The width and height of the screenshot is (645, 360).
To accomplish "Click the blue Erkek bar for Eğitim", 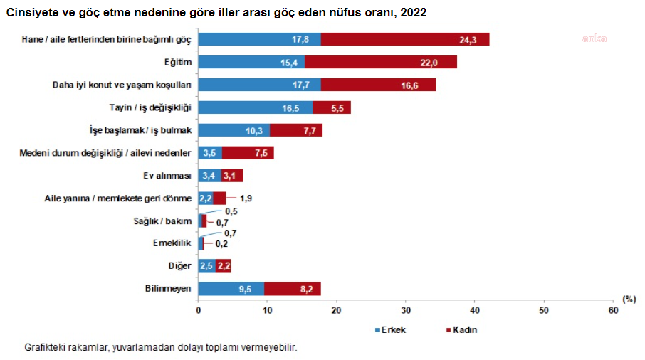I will (x=251, y=63).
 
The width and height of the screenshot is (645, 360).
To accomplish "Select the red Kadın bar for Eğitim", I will (x=380, y=63).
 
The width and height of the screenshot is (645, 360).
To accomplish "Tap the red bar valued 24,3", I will (x=404, y=40).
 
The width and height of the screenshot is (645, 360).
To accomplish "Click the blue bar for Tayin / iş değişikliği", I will (x=255, y=107).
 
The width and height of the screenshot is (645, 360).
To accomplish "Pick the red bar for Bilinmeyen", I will (x=292, y=288).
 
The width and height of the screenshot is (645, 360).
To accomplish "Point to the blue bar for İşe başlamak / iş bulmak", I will (x=234, y=130).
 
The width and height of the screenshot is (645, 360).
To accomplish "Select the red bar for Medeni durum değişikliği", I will (x=247, y=153).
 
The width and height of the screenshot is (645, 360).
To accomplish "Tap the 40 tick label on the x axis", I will (x=474, y=311).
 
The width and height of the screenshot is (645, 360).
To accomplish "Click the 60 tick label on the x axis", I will (x=612, y=311).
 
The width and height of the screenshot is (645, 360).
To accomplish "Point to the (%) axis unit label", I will (x=629, y=300).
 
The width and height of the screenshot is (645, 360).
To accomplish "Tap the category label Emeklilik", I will (x=172, y=243).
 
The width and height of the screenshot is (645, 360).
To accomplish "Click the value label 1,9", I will (x=244, y=198).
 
